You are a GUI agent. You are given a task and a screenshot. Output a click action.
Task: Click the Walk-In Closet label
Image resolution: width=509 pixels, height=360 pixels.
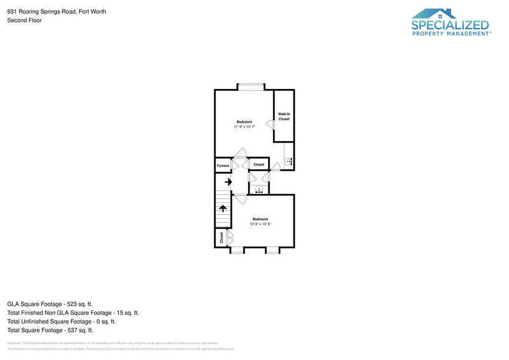[284, 116]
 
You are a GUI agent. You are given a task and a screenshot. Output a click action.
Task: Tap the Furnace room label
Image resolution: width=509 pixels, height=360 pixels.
[223, 165]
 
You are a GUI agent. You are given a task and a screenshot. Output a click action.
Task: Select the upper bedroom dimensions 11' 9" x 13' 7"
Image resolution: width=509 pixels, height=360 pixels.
[244, 127]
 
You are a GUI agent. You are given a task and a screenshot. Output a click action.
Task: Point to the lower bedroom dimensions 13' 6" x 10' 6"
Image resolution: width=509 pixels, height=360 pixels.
[260, 224]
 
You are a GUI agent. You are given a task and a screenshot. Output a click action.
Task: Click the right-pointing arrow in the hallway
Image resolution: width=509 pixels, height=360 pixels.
[228, 182]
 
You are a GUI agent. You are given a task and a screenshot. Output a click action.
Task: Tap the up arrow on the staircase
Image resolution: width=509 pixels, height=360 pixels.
[223, 208]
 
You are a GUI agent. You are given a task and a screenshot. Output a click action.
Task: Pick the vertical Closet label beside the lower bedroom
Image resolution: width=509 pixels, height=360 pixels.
[221, 238]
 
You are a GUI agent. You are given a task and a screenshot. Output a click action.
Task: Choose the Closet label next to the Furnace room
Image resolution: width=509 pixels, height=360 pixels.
[259, 165]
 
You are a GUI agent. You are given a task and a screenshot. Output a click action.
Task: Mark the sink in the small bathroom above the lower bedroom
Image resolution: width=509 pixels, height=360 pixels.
[259, 189]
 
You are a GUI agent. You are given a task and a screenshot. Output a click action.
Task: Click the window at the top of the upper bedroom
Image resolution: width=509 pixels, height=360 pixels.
[251, 87]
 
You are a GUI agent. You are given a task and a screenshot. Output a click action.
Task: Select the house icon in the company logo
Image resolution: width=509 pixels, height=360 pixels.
[434, 13]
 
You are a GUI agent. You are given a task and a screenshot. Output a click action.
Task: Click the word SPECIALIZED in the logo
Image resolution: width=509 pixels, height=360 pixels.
[450, 25]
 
